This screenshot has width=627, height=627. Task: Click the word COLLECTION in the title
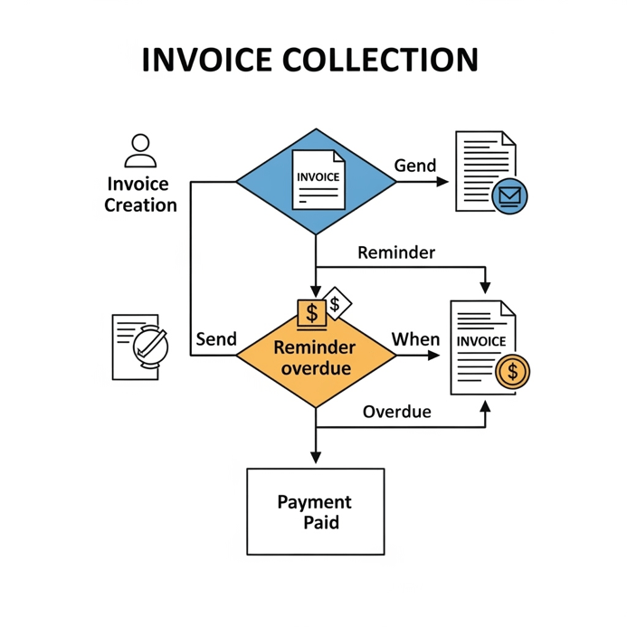(x=381, y=60)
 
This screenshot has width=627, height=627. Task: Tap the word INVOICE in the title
(x=207, y=60)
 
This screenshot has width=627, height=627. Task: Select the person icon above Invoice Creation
(x=139, y=149)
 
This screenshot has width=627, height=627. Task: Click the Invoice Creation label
(x=140, y=195)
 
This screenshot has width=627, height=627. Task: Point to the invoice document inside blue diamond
(x=318, y=178)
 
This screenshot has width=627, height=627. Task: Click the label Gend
(x=415, y=166)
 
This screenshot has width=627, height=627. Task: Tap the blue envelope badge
(x=509, y=195)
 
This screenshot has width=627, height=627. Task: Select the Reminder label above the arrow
(x=396, y=252)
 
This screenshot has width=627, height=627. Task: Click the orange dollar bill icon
(x=311, y=313)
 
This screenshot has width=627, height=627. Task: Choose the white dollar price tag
(x=337, y=304)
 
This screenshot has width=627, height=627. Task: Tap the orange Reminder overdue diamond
(x=315, y=371)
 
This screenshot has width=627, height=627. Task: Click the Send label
(x=216, y=339)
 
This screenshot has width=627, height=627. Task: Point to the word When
(x=415, y=339)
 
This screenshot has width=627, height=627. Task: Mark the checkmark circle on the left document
(x=149, y=344)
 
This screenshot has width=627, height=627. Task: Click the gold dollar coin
(x=513, y=371)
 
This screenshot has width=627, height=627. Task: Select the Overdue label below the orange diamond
(x=396, y=412)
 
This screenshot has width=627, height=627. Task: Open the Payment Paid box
(x=315, y=511)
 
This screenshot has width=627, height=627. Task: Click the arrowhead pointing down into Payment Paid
(x=315, y=458)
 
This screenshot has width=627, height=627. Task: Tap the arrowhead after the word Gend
(x=442, y=181)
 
